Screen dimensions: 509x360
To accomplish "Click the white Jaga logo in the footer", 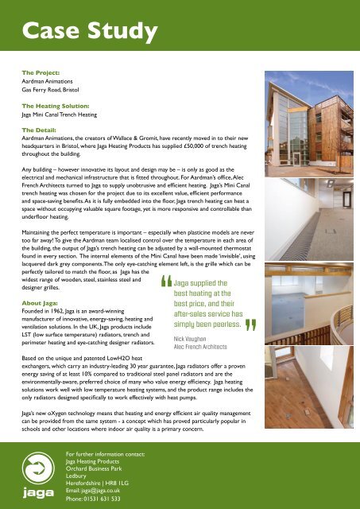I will pos(33,469).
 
